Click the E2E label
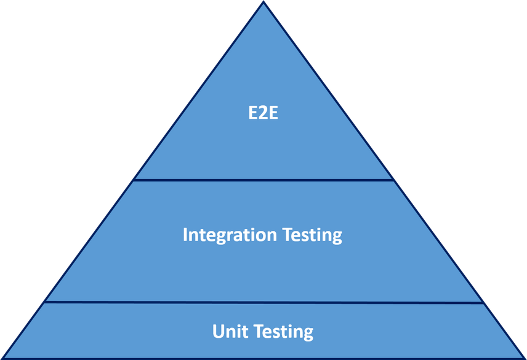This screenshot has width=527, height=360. point(263,113)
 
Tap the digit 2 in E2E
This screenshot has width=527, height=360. point(263,113)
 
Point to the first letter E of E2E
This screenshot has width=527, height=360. point(253,113)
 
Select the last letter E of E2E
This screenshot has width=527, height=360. point(273,113)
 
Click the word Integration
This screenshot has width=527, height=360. point(230,234)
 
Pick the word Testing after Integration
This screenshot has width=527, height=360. point(312,234)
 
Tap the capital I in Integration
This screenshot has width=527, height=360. point(185,234)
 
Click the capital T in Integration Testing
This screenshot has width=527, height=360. point(288,234)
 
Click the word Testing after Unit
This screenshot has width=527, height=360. point(284,332)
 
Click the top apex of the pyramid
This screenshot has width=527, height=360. point(263,1)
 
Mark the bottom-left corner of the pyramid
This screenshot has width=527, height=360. point(2,358)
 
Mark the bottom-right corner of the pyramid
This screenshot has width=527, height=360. point(525,358)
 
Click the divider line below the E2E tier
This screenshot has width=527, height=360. point(263,180)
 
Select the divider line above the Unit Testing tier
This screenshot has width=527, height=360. point(263,302)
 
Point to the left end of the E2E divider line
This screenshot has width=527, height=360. point(134,180)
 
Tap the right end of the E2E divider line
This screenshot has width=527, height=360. point(393,180)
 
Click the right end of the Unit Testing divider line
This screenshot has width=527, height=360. point(483,303)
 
